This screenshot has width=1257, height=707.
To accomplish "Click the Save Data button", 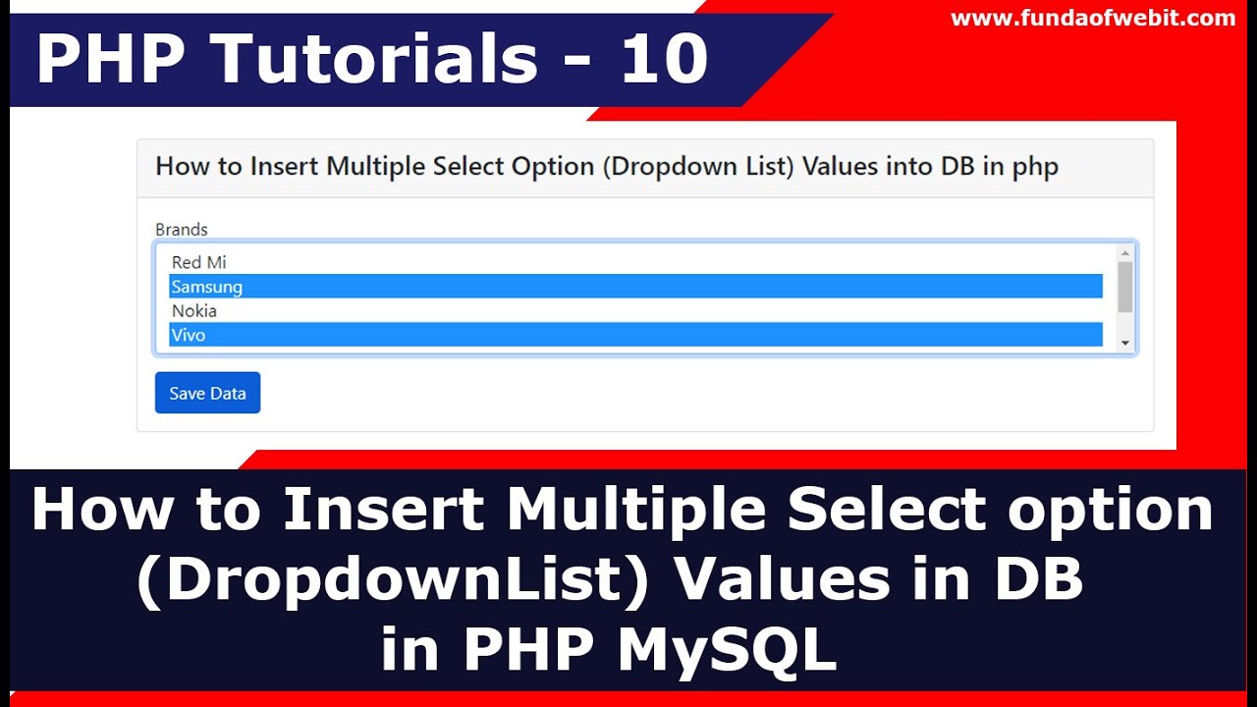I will [207, 393].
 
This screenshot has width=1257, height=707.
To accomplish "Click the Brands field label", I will [182, 230].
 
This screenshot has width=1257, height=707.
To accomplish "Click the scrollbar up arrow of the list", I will [1125, 252].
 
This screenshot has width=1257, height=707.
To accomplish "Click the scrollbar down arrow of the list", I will [1125, 343].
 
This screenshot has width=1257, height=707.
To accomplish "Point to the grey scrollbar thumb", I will [1125, 287].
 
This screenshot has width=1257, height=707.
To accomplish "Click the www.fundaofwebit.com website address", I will [1093, 18].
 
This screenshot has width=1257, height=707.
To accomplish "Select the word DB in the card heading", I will [956, 167].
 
